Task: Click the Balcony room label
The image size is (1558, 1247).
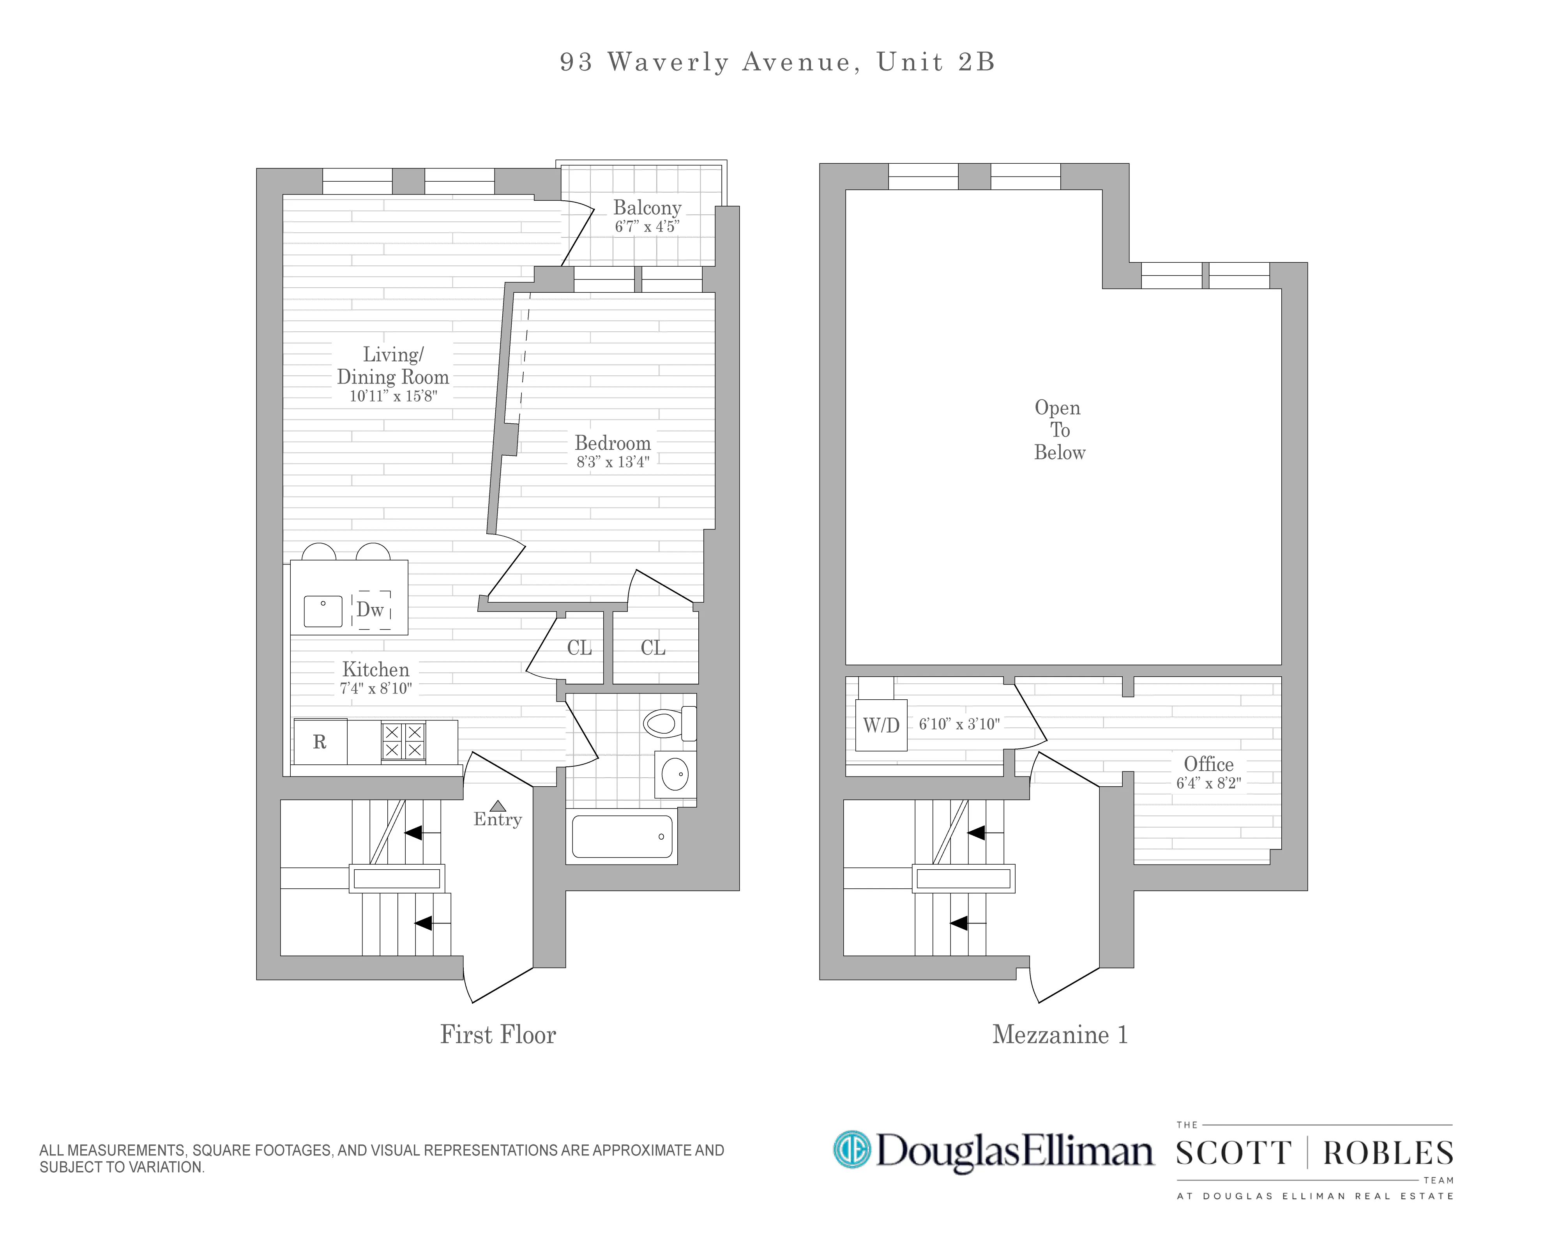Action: (647, 207)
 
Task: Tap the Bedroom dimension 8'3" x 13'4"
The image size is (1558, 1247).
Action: (613, 462)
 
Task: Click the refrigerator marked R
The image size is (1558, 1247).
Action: (320, 742)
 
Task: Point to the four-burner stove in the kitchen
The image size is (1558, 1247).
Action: (403, 741)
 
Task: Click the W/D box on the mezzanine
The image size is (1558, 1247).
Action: (881, 725)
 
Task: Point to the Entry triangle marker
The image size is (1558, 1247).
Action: (498, 805)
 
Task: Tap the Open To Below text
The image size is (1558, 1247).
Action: (1059, 430)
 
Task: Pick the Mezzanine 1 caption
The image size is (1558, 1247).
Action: (1059, 1035)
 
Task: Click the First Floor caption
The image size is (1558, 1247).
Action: (498, 1035)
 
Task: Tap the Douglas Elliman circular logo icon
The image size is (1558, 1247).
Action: (852, 1150)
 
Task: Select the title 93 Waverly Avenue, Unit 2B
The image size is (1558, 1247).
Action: (777, 62)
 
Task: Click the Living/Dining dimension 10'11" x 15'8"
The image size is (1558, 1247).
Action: (393, 396)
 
